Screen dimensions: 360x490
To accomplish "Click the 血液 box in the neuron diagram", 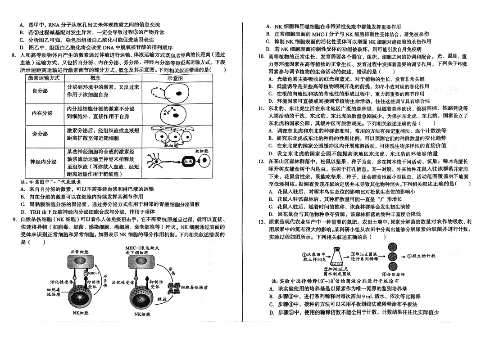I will point(189,161).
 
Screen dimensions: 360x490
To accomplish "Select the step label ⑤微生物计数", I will point(420,256).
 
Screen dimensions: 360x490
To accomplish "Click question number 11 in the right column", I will point(261,108).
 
